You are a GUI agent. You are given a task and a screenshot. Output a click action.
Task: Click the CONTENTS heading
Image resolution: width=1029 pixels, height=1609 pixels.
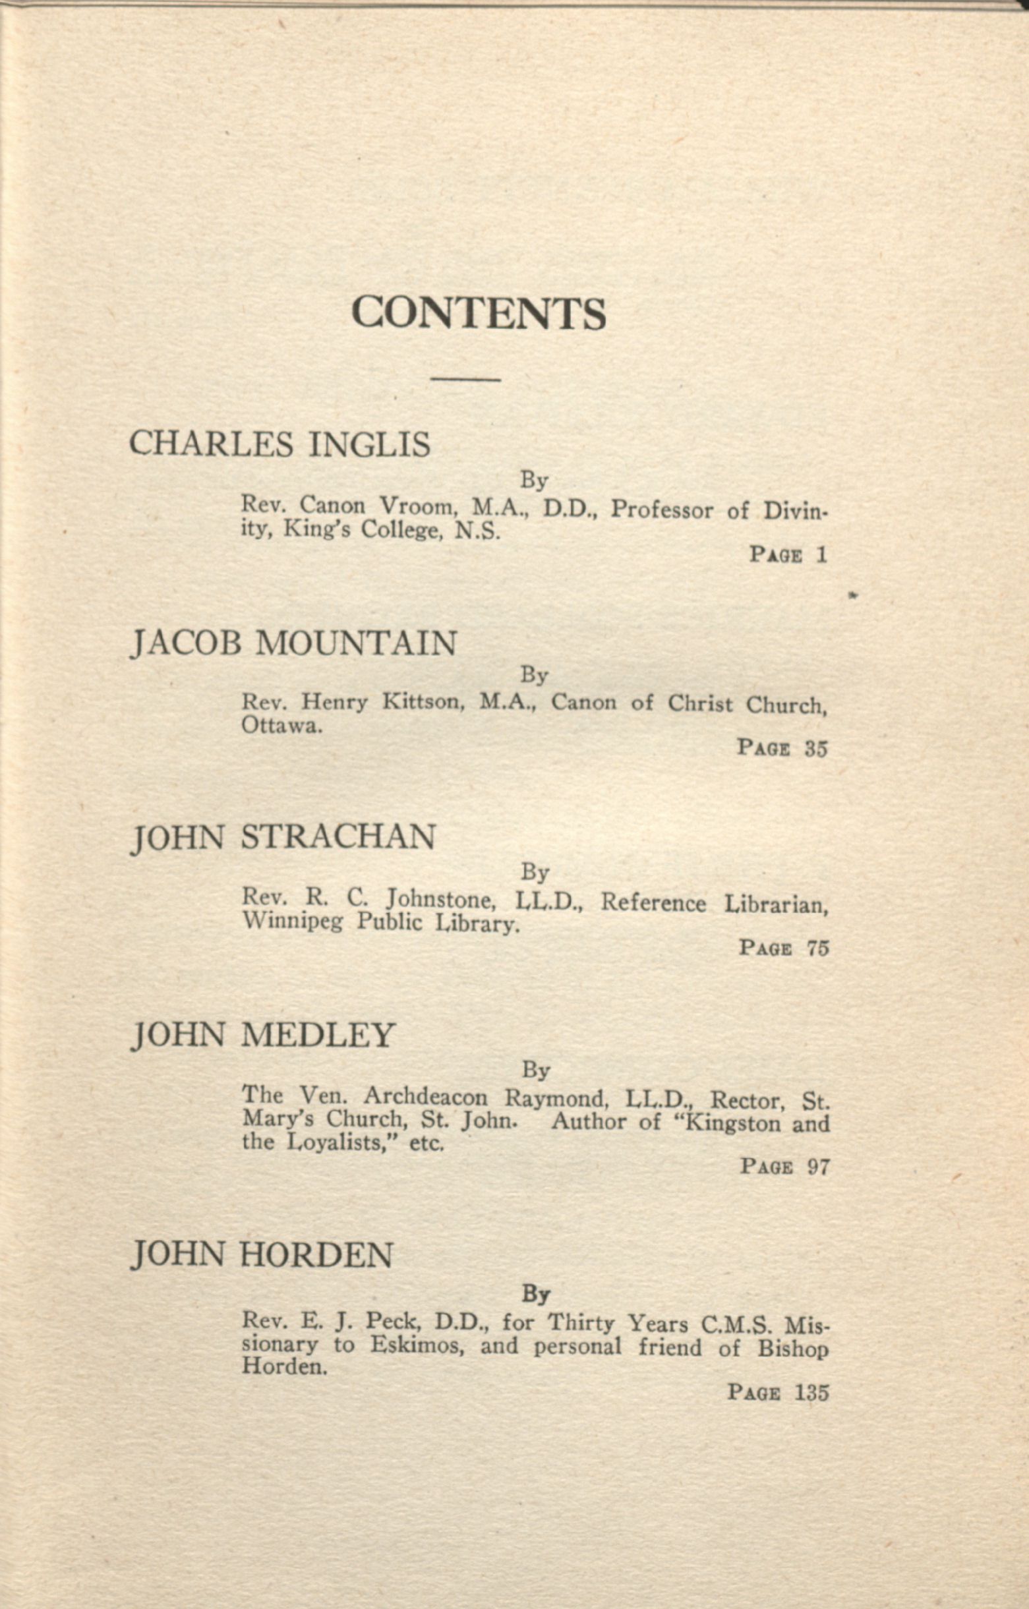click(479, 312)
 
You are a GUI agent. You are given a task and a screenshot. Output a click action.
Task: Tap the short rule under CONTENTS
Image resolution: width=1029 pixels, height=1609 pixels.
click(466, 380)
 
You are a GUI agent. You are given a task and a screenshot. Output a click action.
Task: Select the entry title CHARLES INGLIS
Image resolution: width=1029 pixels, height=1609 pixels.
click(279, 444)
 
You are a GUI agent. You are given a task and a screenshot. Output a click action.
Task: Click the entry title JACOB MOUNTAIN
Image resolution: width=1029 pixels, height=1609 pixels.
click(293, 643)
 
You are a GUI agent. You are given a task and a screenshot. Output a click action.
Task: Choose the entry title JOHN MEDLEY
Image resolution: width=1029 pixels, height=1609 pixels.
click(263, 1035)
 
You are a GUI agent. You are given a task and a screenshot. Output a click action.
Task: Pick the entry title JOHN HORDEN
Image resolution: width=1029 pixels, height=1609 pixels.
click(262, 1255)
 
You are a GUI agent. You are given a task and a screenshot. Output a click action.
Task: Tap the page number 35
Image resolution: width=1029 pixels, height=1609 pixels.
click(816, 748)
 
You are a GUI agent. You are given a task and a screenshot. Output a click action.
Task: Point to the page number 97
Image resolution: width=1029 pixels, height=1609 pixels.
click(818, 1167)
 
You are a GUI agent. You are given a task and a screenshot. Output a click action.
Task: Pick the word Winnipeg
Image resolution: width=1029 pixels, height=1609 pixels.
click(292, 923)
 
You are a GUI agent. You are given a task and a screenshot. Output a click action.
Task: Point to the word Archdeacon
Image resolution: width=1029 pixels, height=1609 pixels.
click(426, 1096)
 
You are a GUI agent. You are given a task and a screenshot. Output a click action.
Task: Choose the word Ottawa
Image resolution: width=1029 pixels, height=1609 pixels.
click(281, 725)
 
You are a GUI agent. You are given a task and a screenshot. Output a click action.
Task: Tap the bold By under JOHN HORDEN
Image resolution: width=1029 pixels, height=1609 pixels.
click(535, 1295)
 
